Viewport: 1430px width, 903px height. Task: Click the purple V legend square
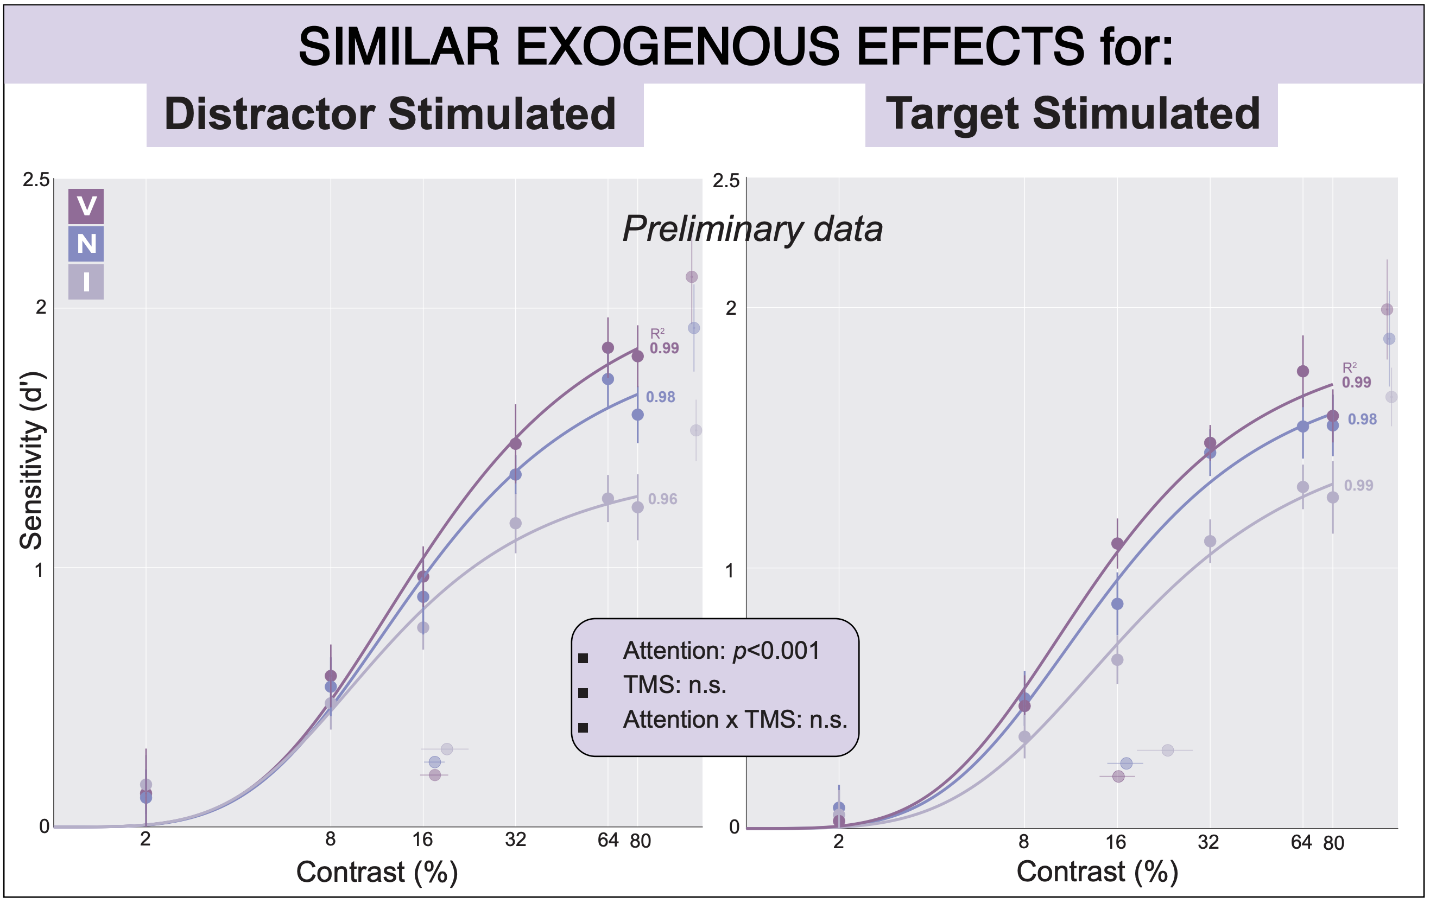86,206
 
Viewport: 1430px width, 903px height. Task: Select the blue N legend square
86,244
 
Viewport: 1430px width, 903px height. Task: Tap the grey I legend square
86,282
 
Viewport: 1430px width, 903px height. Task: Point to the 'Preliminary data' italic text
752,228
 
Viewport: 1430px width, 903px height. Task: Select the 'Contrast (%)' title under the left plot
377,872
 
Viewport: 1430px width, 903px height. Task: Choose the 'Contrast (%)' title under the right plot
1097,872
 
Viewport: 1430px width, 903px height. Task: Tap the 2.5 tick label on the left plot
36,180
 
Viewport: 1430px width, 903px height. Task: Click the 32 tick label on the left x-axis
515,840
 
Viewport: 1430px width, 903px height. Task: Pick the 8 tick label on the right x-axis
1024,841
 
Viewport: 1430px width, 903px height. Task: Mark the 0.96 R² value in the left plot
663,499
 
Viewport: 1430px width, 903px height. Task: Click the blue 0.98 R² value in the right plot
1362,419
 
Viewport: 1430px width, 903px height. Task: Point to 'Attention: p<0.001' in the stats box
721,651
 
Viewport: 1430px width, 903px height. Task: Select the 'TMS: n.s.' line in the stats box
675,685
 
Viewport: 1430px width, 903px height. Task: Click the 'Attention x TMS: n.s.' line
735,720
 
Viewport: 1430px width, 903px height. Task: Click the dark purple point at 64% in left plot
608,347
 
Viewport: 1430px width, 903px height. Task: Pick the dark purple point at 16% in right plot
1118,543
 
